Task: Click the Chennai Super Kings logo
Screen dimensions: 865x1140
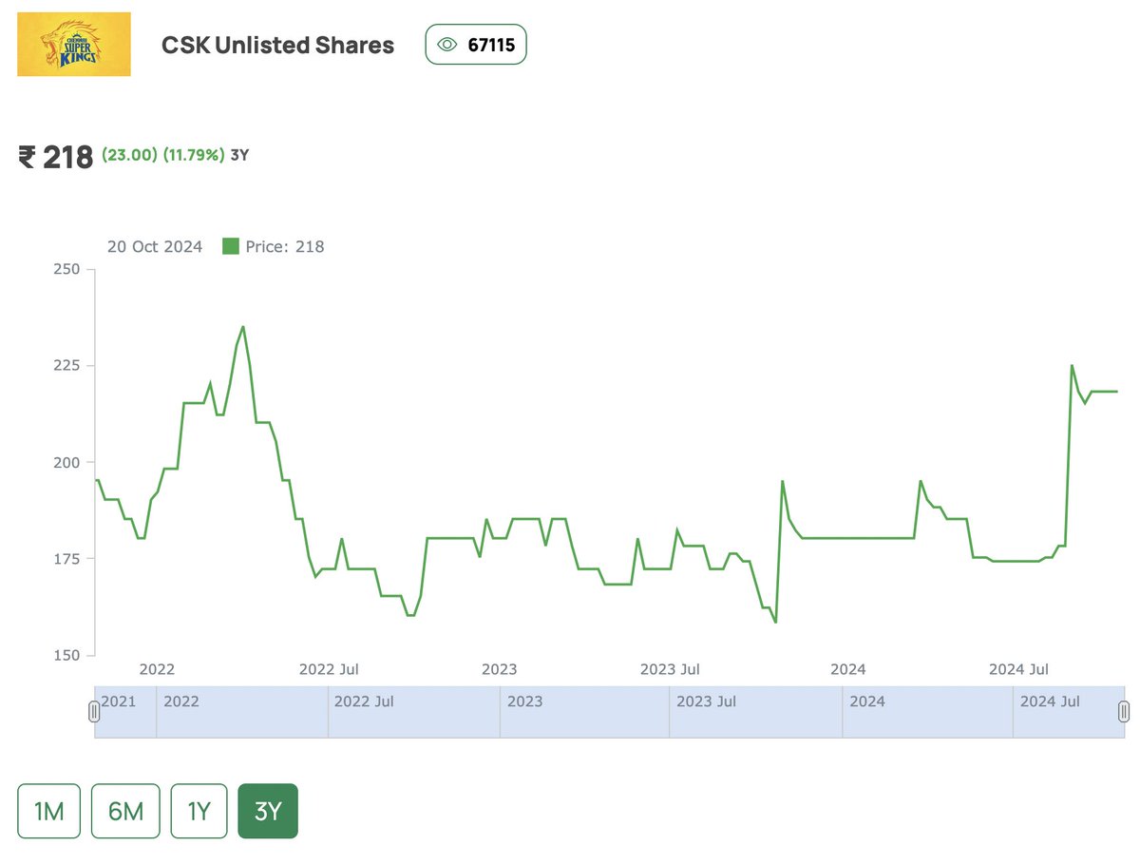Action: coord(74,45)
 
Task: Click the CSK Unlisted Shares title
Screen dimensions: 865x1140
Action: coord(277,45)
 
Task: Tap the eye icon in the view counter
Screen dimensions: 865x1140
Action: coord(446,45)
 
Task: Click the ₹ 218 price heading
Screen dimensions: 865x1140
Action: coord(56,157)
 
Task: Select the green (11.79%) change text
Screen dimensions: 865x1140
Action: coord(194,155)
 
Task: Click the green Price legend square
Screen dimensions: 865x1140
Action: coord(230,246)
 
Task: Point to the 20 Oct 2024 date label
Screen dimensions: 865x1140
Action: coord(155,247)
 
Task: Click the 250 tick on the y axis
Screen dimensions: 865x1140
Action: coord(66,270)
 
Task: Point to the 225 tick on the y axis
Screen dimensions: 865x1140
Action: coord(66,366)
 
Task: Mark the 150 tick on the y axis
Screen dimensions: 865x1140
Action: coord(66,655)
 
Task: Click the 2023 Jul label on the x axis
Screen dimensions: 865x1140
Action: coord(670,669)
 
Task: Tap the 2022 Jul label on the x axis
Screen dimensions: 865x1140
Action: coord(329,669)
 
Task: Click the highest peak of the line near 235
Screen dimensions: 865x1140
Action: coord(243,327)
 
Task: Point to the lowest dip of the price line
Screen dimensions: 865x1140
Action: coord(776,622)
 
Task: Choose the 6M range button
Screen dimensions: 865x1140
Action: coord(125,811)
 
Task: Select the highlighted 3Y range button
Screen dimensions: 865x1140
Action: coord(268,811)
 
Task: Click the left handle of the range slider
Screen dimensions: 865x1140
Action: coord(94,711)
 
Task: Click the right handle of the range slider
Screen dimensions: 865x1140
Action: coord(1124,711)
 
